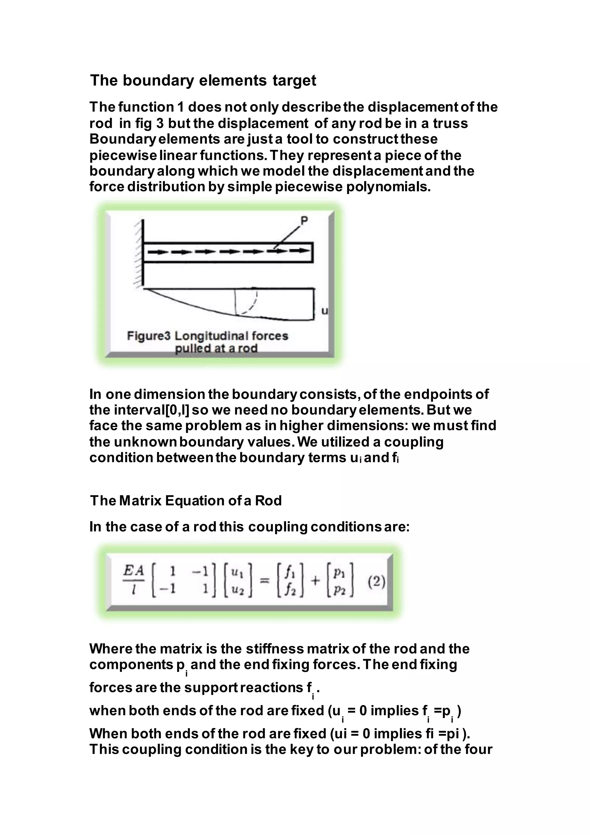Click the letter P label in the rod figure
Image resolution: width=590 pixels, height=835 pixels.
[304, 220]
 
